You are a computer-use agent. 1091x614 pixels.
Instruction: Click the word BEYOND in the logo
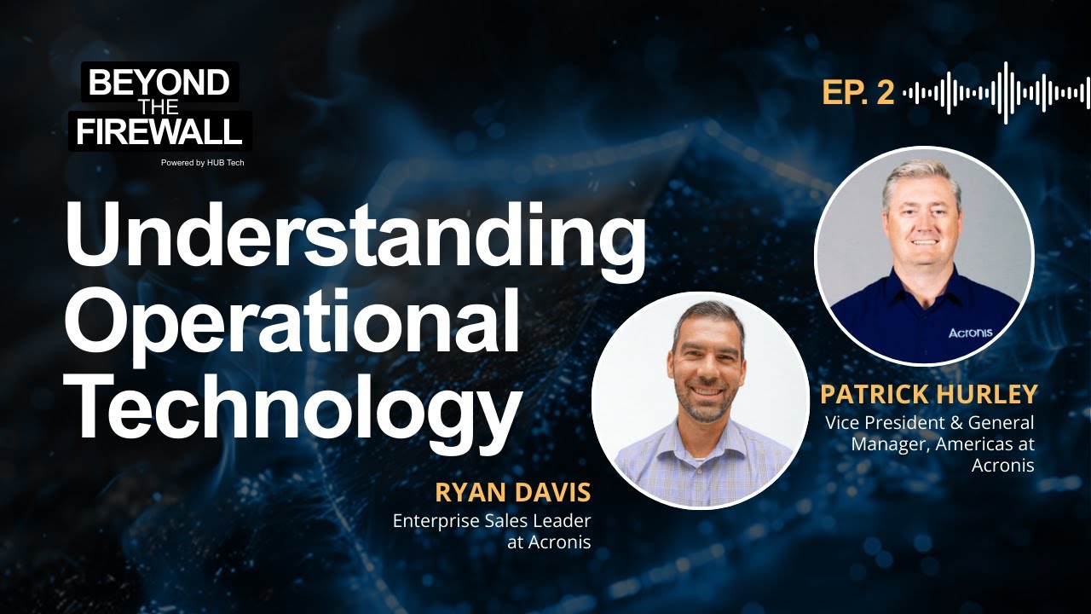(159, 83)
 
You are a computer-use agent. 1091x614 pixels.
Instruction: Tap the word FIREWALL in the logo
(159, 132)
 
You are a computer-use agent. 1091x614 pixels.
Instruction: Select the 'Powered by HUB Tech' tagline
(203, 162)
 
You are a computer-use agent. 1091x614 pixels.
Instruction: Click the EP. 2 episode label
(857, 93)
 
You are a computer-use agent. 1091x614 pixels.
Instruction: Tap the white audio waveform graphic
(996, 92)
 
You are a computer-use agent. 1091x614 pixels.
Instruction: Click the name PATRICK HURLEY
(928, 395)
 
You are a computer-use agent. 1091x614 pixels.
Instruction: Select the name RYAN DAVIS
(512, 493)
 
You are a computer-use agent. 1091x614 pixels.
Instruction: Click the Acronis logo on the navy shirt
(970, 333)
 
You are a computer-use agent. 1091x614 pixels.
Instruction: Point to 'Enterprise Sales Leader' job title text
(492, 521)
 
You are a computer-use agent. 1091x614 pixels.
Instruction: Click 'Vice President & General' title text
(929, 423)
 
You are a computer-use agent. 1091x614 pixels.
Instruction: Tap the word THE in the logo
(159, 107)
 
